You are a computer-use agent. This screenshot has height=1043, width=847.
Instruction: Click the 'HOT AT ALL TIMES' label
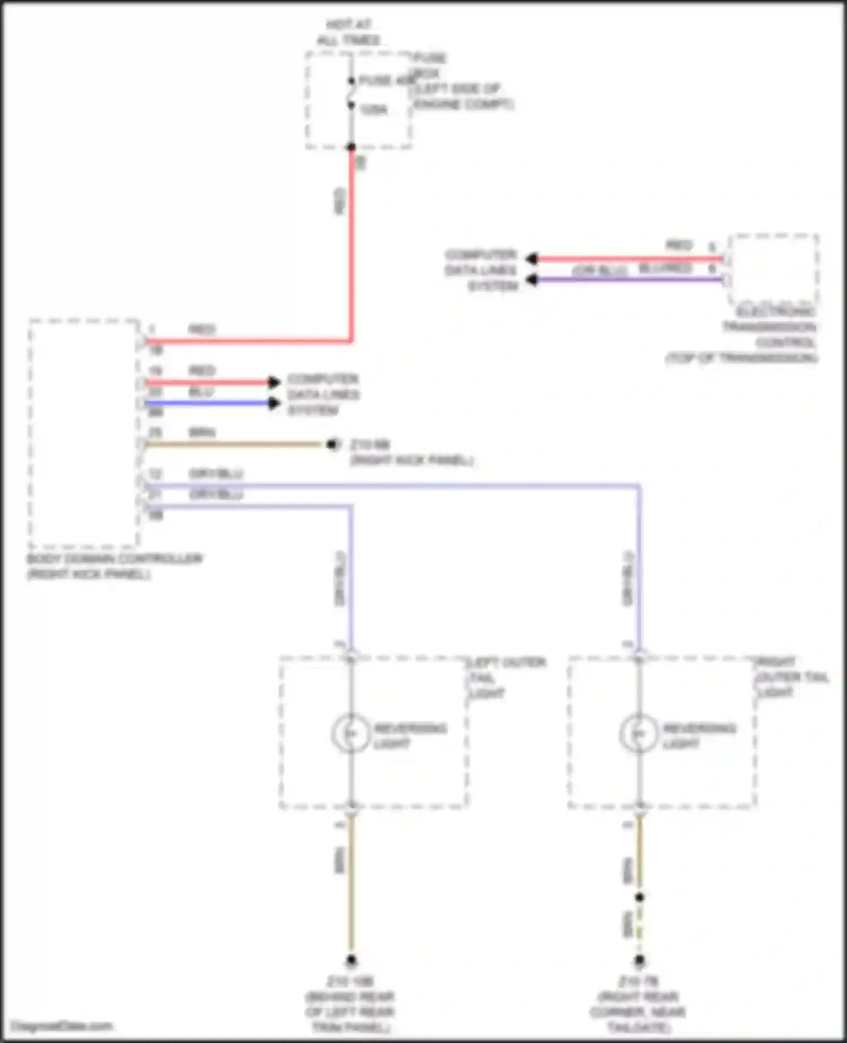[348, 32]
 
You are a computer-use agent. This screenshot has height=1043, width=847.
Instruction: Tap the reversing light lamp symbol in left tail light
[351, 733]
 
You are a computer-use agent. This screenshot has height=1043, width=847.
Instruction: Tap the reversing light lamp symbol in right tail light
[639, 733]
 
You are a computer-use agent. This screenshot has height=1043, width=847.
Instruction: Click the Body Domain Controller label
[114, 566]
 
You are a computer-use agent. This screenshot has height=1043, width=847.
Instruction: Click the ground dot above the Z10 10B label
[351, 960]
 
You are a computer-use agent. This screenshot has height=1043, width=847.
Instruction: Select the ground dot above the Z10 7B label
[639, 960]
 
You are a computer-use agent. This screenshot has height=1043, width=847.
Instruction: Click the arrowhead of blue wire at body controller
[274, 403]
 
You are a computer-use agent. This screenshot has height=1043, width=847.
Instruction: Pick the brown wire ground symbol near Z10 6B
[333, 445]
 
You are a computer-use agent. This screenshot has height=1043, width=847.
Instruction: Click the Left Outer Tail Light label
[507, 677]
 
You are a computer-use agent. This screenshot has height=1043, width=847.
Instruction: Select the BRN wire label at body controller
[202, 433]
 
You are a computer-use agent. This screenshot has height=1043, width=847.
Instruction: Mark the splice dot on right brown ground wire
[639, 897]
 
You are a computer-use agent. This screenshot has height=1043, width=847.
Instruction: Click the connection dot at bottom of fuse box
[351, 147]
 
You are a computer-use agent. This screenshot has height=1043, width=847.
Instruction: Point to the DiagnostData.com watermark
[62, 1025]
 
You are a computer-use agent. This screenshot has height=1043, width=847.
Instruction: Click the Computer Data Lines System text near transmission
[481, 270]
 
